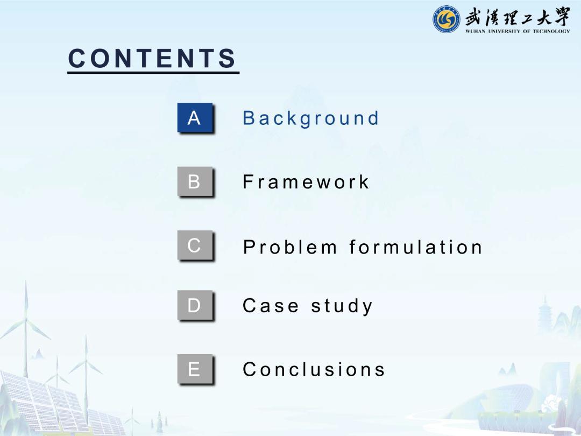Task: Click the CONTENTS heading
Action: [152, 58]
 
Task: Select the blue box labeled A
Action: [195, 117]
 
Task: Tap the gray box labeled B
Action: [195, 181]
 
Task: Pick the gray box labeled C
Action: [195, 245]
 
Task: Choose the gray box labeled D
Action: [195, 305]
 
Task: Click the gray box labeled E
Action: [195, 369]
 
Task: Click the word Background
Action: [310, 118]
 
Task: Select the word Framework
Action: [306, 182]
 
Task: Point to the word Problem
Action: [290, 247]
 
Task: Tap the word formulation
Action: [415, 247]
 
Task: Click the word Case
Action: [270, 306]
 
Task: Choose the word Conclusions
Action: [314, 369]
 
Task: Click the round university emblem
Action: [447, 19]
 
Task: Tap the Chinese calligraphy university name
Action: [518, 17]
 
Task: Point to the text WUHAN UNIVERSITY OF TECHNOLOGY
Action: [518, 31]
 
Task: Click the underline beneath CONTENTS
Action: [153, 72]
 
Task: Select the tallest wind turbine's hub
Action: [26, 319]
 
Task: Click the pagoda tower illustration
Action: [545, 313]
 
